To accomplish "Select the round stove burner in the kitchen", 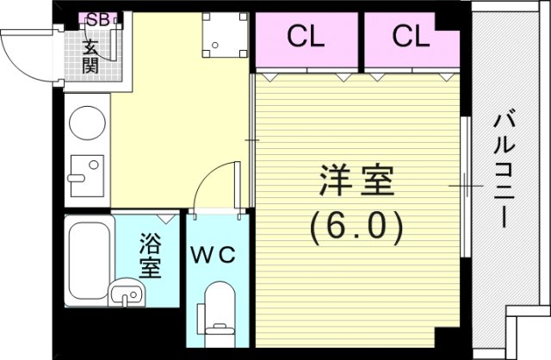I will click(x=86, y=123).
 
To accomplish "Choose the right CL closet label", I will click(x=410, y=37).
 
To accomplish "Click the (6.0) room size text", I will click(x=356, y=227).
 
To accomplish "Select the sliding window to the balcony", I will click(x=465, y=184).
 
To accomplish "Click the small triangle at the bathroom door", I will click(x=167, y=220).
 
